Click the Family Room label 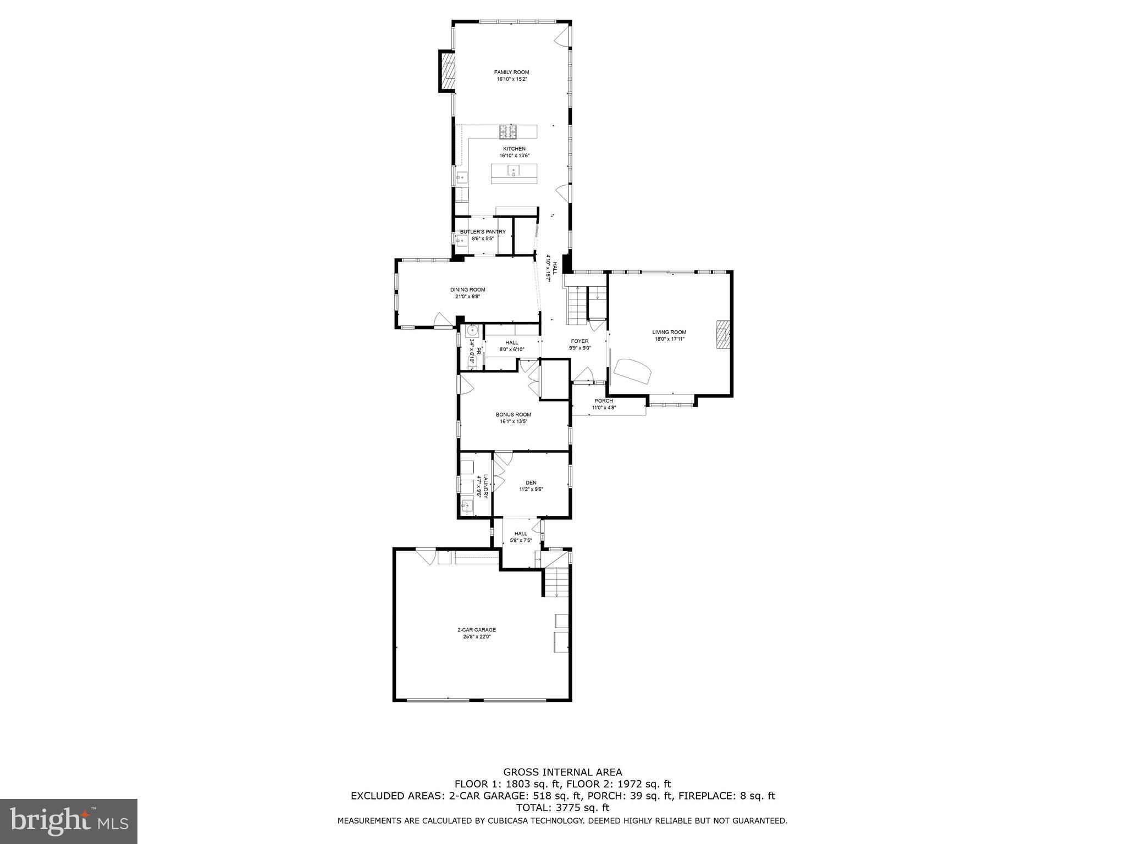coord(511,72)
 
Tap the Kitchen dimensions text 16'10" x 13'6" coord(514,156)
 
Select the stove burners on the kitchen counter coord(509,131)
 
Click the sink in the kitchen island coord(513,170)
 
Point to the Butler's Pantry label coord(483,232)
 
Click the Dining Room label coord(467,290)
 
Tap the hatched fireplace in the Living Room coord(723,334)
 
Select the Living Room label coord(669,332)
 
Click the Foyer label coord(579,341)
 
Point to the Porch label coord(603,401)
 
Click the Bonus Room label coord(513,414)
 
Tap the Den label coord(531,482)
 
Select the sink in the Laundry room coord(467,505)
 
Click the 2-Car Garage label coord(476,630)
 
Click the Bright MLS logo coord(69,821)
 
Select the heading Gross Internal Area coord(562,772)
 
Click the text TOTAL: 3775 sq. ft coord(562,808)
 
